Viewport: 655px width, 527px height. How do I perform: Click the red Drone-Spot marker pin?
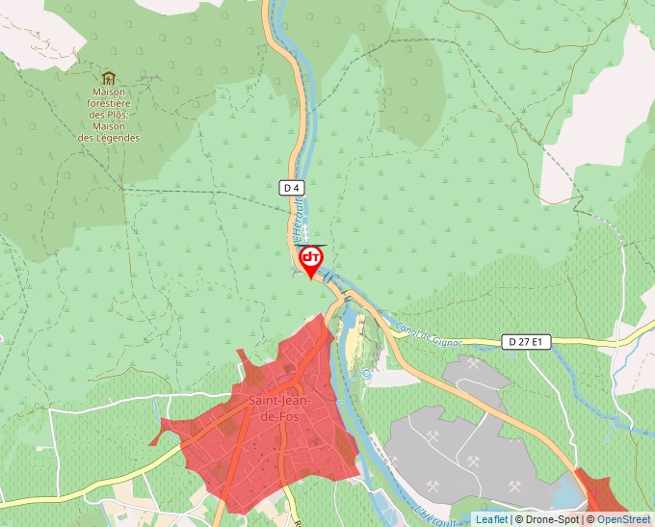(x=310, y=259)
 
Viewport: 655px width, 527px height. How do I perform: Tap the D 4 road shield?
(x=293, y=187)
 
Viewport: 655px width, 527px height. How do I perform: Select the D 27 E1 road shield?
(x=527, y=342)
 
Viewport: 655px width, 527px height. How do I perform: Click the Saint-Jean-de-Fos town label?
(x=278, y=408)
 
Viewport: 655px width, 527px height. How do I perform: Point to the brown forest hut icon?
(x=108, y=78)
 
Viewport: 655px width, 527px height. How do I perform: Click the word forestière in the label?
(x=109, y=102)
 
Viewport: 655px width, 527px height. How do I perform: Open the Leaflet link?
(x=491, y=520)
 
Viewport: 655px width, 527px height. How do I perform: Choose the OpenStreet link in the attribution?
(x=623, y=520)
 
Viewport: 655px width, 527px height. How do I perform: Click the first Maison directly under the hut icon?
(x=109, y=92)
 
